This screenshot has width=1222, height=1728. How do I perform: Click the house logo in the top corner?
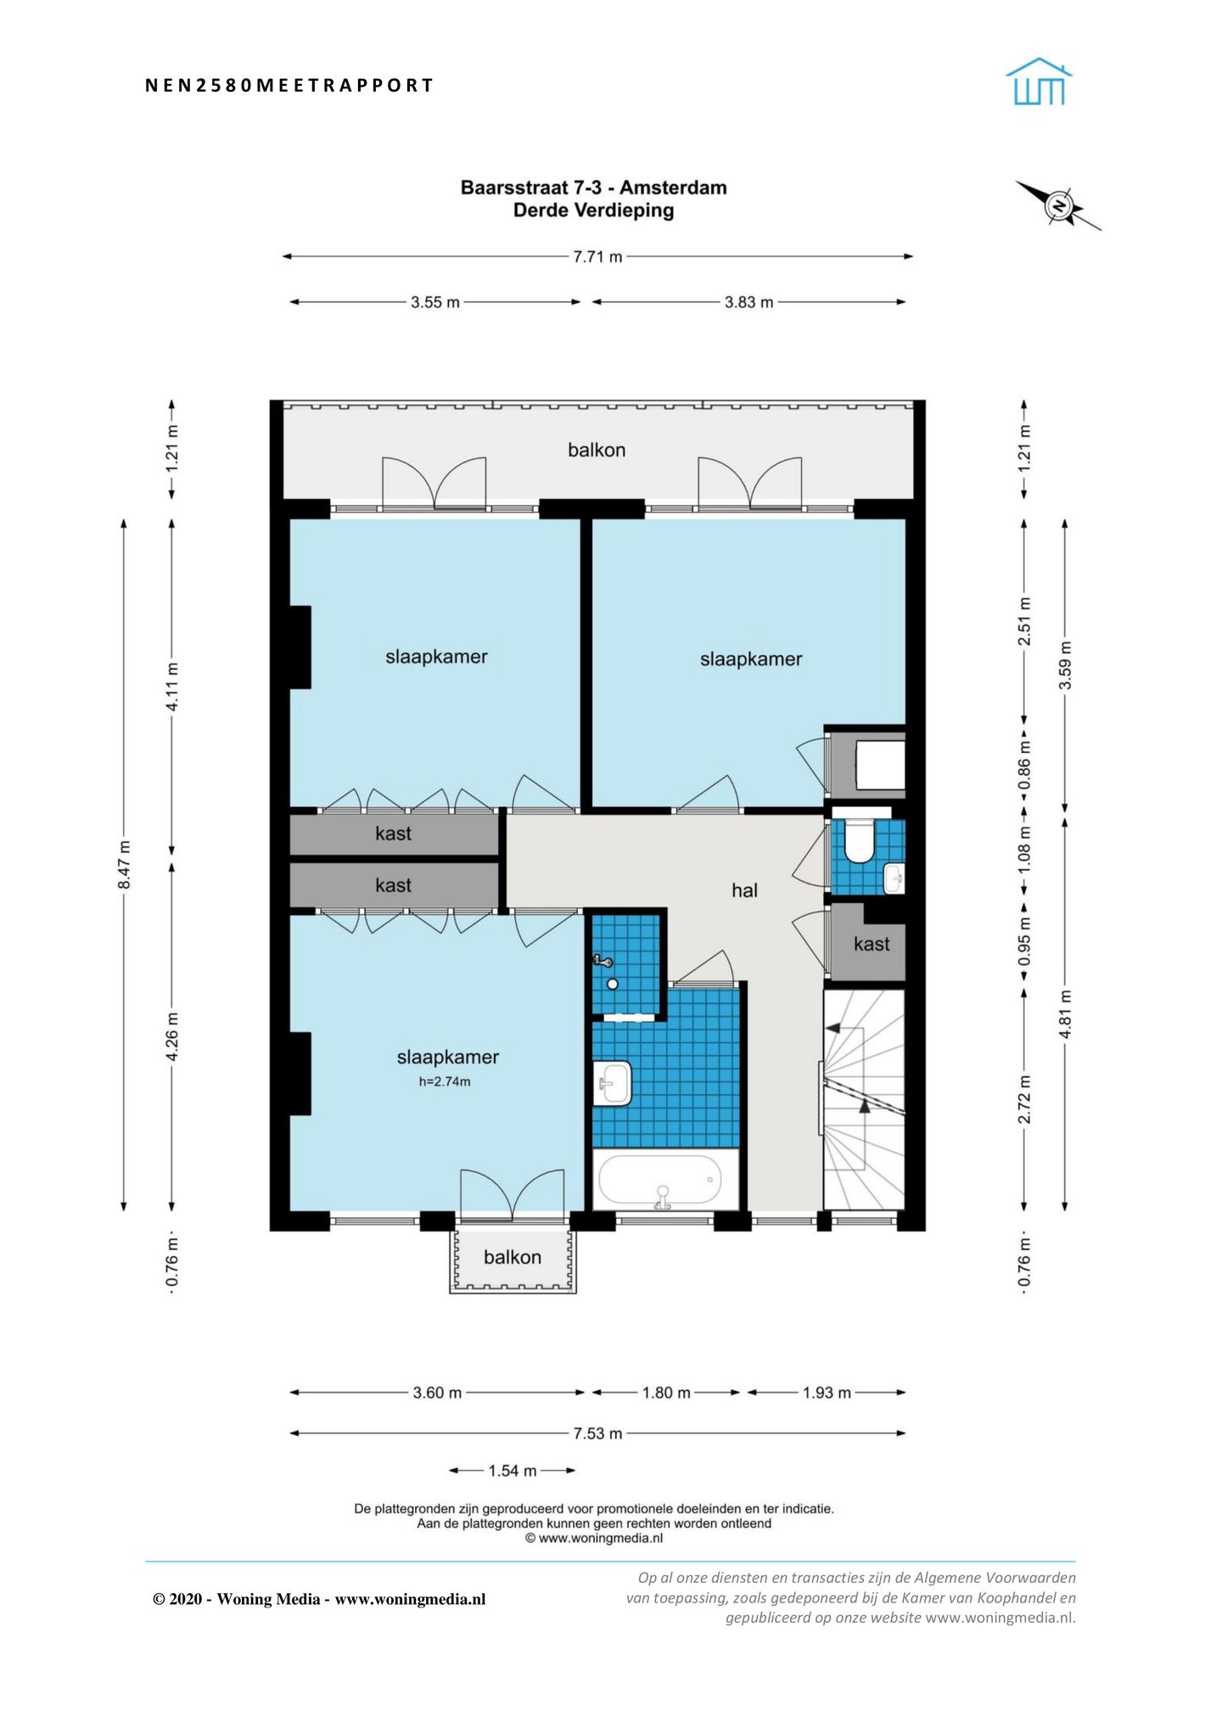pos(1039,81)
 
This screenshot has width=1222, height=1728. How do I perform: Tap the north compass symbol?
pos(1058,205)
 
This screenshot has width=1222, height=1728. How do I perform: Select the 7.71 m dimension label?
pos(597,256)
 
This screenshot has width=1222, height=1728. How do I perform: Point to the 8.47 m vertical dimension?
pos(124,865)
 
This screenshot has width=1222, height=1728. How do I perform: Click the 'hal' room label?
pos(744,890)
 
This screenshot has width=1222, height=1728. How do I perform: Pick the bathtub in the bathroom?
pos(660,1181)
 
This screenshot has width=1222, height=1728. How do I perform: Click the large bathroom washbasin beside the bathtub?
pos(612,1083)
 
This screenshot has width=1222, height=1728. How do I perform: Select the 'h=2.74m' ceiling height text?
pos(445,1081)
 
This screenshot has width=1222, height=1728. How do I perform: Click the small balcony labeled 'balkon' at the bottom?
pos(513,1260)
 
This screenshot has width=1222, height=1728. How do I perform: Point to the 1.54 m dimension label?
pos(513,1471)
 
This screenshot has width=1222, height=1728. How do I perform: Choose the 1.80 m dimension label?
pos(666,1393)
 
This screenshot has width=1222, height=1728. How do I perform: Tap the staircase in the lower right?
pos(864,1100)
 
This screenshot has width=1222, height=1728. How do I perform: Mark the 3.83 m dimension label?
pos(748,302)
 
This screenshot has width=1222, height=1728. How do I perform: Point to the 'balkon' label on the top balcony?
pos(597,450)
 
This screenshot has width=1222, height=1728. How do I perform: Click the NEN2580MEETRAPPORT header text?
pos(289,85)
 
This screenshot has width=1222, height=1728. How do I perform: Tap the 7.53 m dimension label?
pos(597,1433)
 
